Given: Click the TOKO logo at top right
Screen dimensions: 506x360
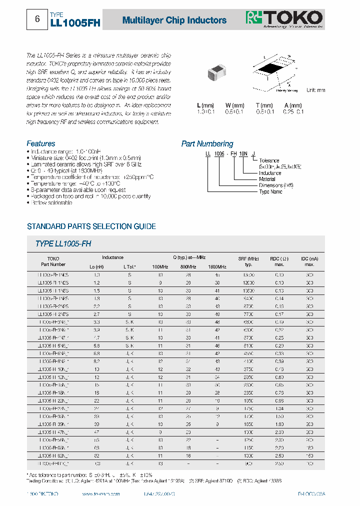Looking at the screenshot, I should pos(283,18).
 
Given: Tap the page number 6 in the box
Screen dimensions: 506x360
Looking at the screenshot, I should pos(37,19).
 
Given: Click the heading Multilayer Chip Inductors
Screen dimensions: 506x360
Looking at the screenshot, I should pos(174,20).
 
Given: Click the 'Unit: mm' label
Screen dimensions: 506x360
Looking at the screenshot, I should pos(315,90).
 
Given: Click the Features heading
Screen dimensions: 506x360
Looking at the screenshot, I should pos(41,143).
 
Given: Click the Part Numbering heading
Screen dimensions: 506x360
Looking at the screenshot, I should pos(207,144).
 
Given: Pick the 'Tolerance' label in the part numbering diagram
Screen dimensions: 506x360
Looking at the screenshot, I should pos(269,160).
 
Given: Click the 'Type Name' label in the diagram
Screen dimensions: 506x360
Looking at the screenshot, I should pos(270,191).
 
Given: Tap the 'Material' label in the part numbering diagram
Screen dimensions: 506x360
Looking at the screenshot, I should pos(267,179).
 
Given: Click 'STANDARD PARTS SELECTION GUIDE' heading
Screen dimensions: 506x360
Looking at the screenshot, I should pos(91,226).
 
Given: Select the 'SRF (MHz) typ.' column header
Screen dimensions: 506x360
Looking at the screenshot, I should pos(249,261).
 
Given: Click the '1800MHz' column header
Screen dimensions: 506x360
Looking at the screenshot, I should pos(217,267).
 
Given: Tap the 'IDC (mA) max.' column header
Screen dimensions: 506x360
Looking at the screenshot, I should pos(309,261).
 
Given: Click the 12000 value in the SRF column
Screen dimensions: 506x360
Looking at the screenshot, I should pos(249,282).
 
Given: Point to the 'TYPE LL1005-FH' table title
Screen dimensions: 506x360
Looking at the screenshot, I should pos(63,243).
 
